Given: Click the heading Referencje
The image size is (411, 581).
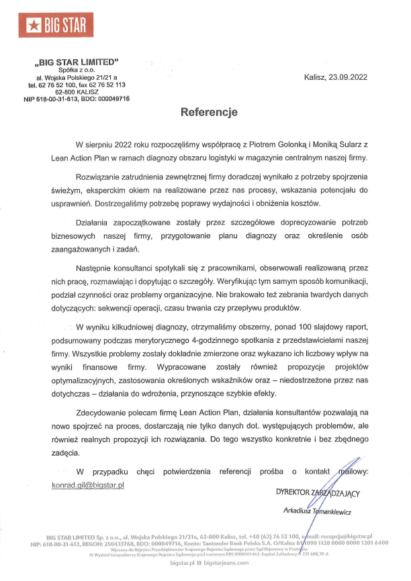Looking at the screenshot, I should (210, 113).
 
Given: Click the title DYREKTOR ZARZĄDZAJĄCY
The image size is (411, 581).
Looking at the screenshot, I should (318, 493).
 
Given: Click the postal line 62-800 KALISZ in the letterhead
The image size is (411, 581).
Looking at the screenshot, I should (76, 92).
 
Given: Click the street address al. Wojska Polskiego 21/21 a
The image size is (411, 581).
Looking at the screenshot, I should (77, 78).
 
